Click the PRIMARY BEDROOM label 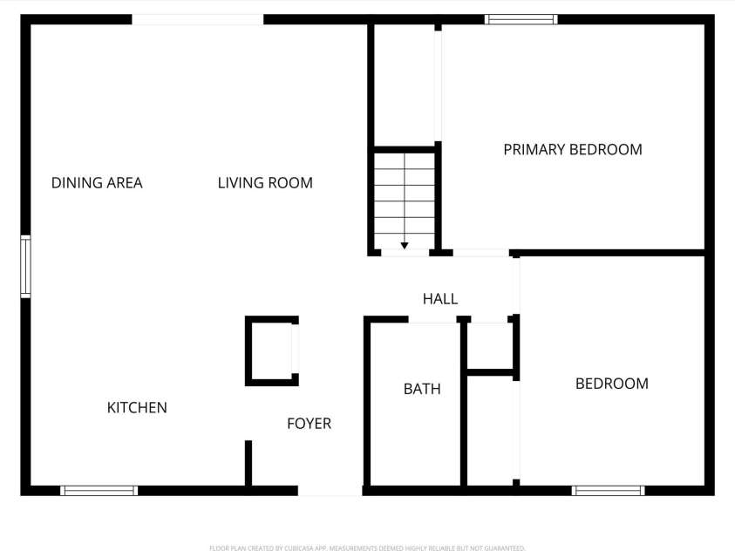(572, 149)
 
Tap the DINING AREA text (97, 183)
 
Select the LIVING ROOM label (265, 183)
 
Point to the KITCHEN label (137, 407)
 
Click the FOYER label (309, 424)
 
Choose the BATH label (422, 389)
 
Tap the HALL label (440, 299)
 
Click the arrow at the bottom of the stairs (405, 246)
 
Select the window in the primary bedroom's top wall (521, 19)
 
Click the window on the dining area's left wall (26, 267)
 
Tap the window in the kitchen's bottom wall (99, 491)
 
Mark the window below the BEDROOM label (608, 491)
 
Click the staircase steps (405, 201)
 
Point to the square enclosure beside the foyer (272, 350)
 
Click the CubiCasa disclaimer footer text (367, 548)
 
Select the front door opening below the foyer (330, 493)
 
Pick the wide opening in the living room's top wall (197, 19)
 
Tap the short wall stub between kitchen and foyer (248, 462)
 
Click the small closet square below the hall (488, 345)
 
